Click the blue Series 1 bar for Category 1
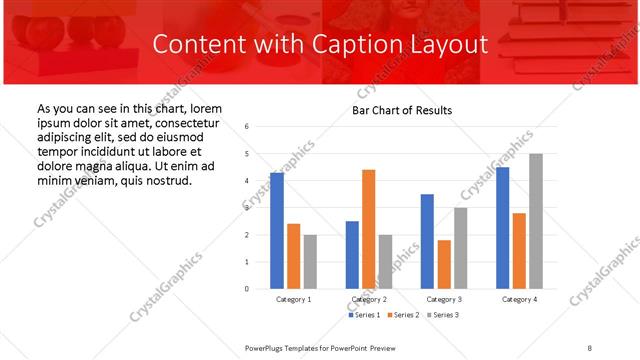(x=277, y=230)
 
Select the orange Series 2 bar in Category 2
(x=369, y=229)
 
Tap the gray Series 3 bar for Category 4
(x=536, y=221)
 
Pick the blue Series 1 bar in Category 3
(x=427, y=241)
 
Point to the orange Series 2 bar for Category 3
(x=444, y=264)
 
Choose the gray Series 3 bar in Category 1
(x=311, y=261)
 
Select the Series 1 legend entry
(x=364, y=315)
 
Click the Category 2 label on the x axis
(x=369, y=299)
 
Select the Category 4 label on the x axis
(x=519, y=299)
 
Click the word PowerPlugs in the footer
(x=267, y=347)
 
